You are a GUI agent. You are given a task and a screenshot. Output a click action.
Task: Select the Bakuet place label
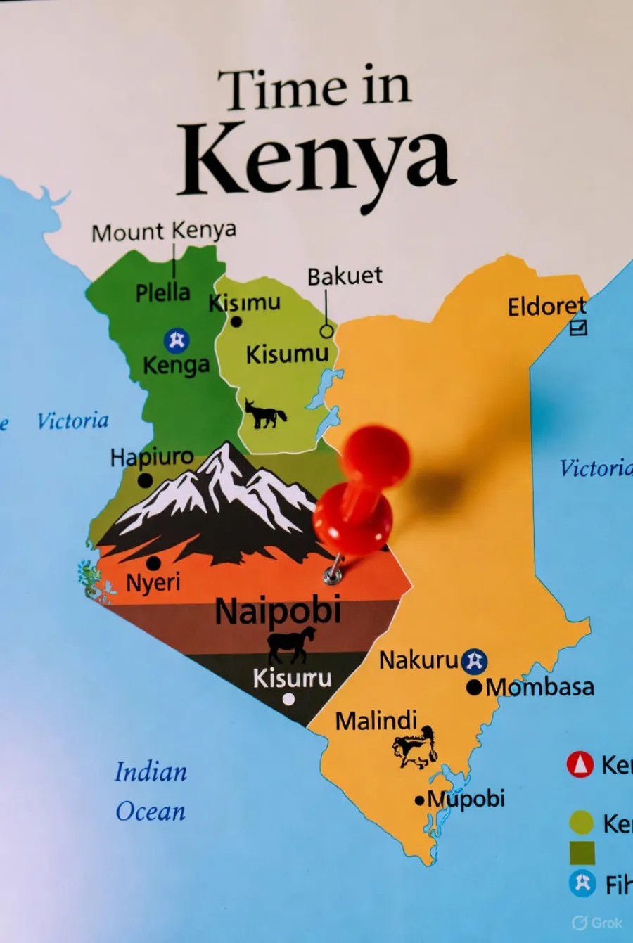pos(345,276)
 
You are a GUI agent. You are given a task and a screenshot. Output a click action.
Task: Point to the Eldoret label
pos(546,307)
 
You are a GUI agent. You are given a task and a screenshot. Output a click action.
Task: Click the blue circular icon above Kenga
pos(177,340)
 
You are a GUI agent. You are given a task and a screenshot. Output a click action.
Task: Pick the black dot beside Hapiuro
pos(145,481)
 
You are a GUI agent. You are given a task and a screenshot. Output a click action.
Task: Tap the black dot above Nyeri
pos(153,563)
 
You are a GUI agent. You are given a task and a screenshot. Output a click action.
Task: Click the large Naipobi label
pos(278,610)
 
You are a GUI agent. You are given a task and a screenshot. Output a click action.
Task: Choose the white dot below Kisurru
pos(288,699)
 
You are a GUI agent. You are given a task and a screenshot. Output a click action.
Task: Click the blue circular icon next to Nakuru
pos(475,661)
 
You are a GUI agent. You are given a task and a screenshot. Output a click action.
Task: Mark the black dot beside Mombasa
pos(475,687)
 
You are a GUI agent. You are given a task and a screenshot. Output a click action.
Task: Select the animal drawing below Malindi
pos(416,748)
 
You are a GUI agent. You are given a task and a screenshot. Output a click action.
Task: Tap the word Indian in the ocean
pos(151,772)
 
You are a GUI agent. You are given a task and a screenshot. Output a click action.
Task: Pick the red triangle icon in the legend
pos(580,764)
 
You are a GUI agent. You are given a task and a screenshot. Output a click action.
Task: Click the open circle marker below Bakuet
pos(326,331)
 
